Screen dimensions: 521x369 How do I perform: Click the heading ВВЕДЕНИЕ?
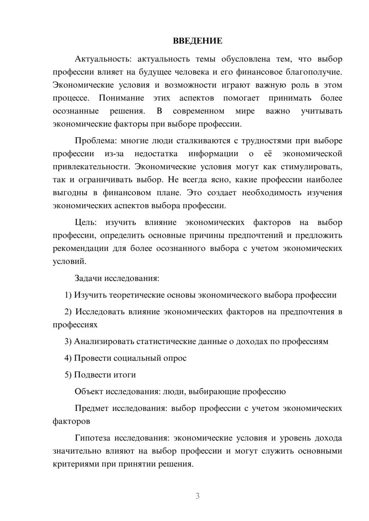pyautogui.click(x=197, y=41)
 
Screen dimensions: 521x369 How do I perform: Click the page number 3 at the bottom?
pyautogui.click(x=197, y=496)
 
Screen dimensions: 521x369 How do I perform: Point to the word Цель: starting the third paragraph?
pyautogui.click(x=86, y=223)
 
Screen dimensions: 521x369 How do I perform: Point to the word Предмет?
pyautogui.click(x=92, y=408)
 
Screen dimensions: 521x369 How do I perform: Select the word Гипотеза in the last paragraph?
pyautogui.click(x=92, y=438)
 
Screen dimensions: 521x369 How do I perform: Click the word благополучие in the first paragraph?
pyautogui.click(x=317, y=72)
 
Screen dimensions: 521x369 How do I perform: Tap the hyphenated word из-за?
pyautogui.click(x=114, y=154)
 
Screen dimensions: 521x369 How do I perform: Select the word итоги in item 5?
pyautogui.click(x=125, y=375)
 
